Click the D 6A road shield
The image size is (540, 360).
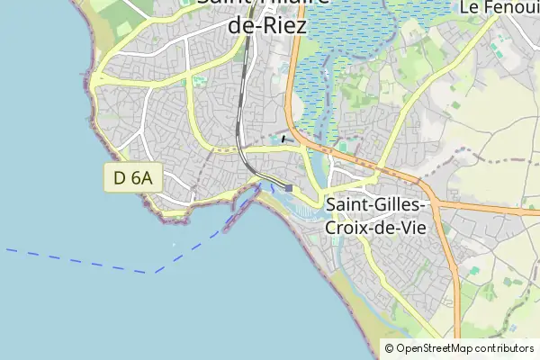(x=131, y=178)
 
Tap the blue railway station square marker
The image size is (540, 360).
(x=289, y=188)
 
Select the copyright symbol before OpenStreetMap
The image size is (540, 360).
(x=389, y=348)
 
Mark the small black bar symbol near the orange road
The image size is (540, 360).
(x=284, y=139)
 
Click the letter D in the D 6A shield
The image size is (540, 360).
(x=120, y=178)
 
